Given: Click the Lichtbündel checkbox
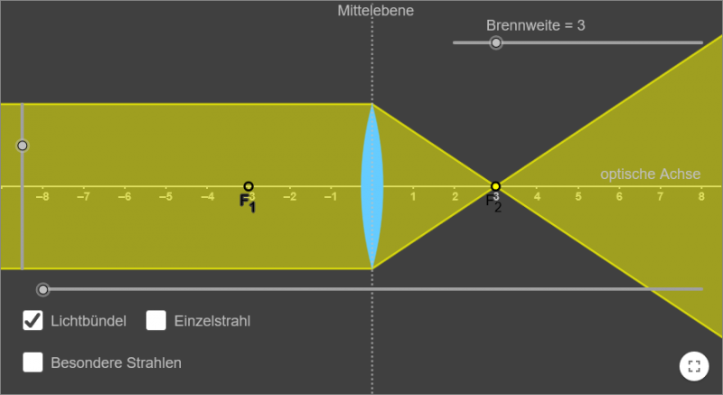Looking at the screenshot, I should (33, 320).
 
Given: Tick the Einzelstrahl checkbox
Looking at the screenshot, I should (156, 320).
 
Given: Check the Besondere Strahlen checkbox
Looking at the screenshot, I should (33, 362).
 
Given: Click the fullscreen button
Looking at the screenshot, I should (694, 366).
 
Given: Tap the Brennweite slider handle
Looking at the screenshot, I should (495, 42).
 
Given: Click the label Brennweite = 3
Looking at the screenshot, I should (535, 25).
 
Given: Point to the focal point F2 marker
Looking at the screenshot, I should (495, 186).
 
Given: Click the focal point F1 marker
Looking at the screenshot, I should (249, 186).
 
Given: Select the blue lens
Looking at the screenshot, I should (371, 186).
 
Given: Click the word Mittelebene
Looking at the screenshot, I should (375, 11).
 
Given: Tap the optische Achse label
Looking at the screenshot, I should (650, 174).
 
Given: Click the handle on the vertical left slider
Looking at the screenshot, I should (23, 146).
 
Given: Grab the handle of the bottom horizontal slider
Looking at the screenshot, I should (42, 289).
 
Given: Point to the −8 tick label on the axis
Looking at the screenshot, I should (41, 196).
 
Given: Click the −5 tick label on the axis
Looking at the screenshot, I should (164, 196).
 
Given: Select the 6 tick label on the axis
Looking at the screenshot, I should (619, 196).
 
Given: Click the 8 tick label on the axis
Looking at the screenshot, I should (701, 196).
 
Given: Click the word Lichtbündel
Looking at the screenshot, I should (89, 320).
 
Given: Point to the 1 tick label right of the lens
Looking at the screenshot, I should (413, 196).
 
